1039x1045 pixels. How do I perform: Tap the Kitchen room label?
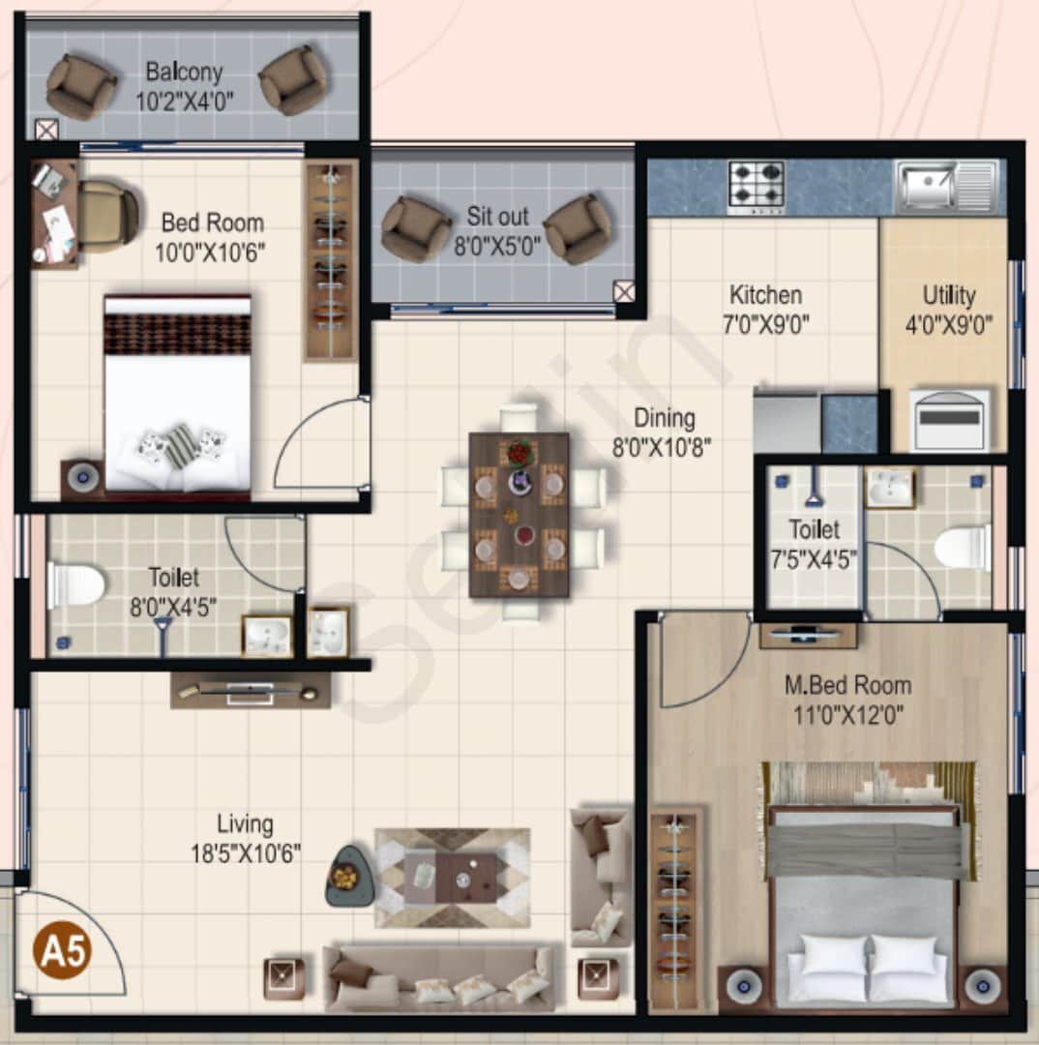pos(765,295)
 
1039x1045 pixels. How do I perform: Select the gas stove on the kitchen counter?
pos(757,186)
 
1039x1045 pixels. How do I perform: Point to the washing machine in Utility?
pos(951,420)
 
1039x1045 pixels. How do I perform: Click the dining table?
pos(519,514)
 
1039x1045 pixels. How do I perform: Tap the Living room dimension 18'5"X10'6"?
pos(245,853)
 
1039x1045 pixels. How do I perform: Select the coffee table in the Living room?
pos(452,877)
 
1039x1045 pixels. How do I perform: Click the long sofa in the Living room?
pos(440,978)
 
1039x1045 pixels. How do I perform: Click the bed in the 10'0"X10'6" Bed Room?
pos(177,394)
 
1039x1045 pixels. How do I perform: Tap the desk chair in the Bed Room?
pos(105,216)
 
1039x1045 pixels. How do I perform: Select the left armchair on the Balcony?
pos(80,86)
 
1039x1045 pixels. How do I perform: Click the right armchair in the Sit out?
pos(577,229)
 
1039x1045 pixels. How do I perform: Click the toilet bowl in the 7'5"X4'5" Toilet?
pos(963,547)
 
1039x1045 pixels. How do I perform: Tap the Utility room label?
pos(949,295)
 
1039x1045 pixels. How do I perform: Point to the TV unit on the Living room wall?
pos(251,691)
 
